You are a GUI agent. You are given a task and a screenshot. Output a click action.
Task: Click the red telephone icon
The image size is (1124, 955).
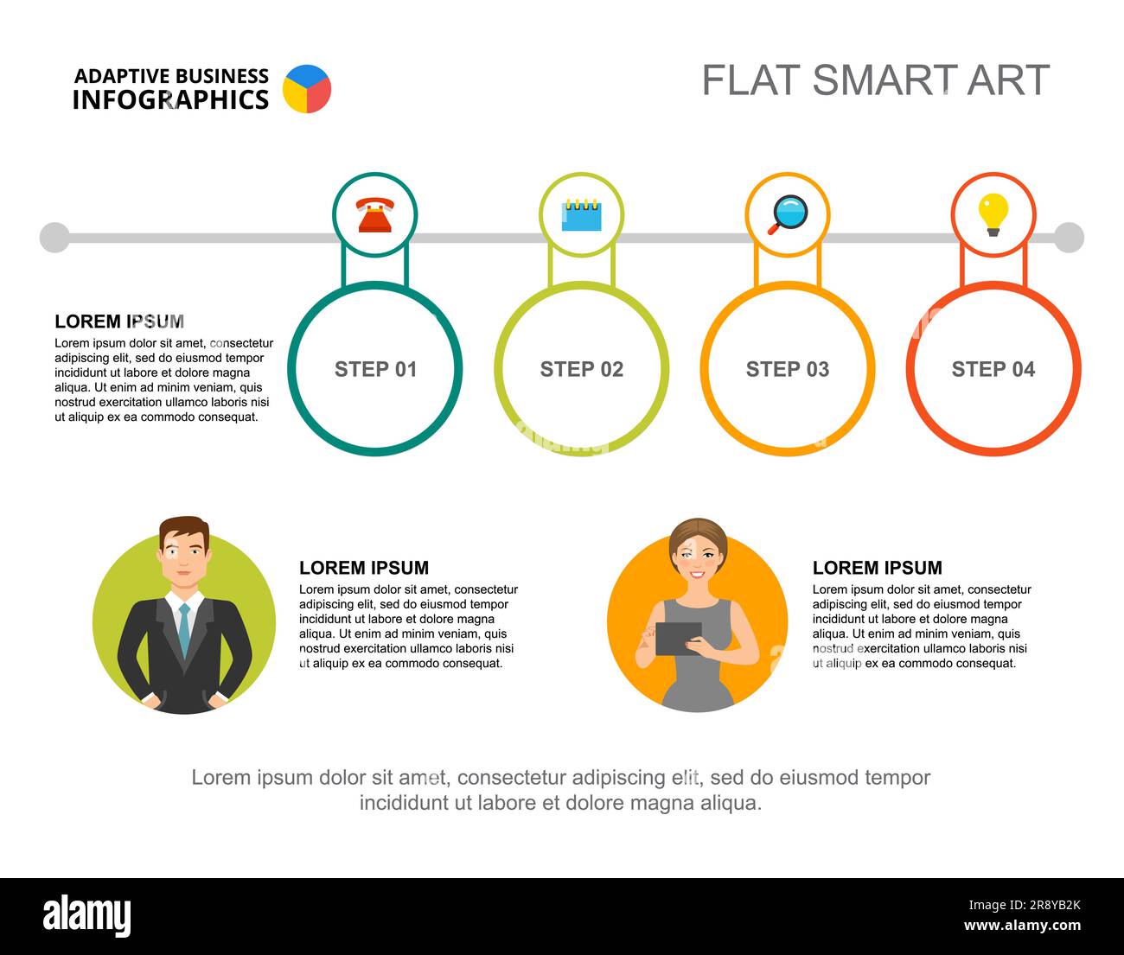point(375,215)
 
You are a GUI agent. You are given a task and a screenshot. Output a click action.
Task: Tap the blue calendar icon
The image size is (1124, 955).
point(581,215)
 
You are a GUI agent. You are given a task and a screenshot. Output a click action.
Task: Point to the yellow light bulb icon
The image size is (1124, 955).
point(993,213)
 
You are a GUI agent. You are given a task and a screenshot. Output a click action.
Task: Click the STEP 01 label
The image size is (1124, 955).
point(375,369)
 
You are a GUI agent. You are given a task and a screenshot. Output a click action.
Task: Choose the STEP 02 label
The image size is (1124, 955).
point(581,369)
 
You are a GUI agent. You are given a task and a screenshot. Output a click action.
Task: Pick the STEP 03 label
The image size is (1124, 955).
point(787,369)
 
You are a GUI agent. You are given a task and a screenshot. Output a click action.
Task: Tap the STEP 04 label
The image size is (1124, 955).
point(993,369)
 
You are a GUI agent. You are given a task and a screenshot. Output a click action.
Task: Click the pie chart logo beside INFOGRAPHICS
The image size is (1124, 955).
point(307,89)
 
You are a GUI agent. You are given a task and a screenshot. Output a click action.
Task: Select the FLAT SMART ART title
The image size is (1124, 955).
point(875,80)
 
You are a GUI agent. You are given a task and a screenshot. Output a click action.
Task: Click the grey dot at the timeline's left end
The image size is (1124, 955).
point(54,237)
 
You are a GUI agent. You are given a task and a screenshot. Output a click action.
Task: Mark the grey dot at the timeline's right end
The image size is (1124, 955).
point(1069,237)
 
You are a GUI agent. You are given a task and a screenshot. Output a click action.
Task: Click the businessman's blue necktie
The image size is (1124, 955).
point(184,629)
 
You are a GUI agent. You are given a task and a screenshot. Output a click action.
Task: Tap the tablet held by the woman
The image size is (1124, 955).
point(678,639)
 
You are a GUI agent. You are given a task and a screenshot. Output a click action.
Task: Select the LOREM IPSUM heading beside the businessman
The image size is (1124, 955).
point(364,568)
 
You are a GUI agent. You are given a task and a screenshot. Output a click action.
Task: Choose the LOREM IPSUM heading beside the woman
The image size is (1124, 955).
point(877,568)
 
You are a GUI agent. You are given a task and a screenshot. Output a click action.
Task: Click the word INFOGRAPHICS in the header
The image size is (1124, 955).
point(170,100)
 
